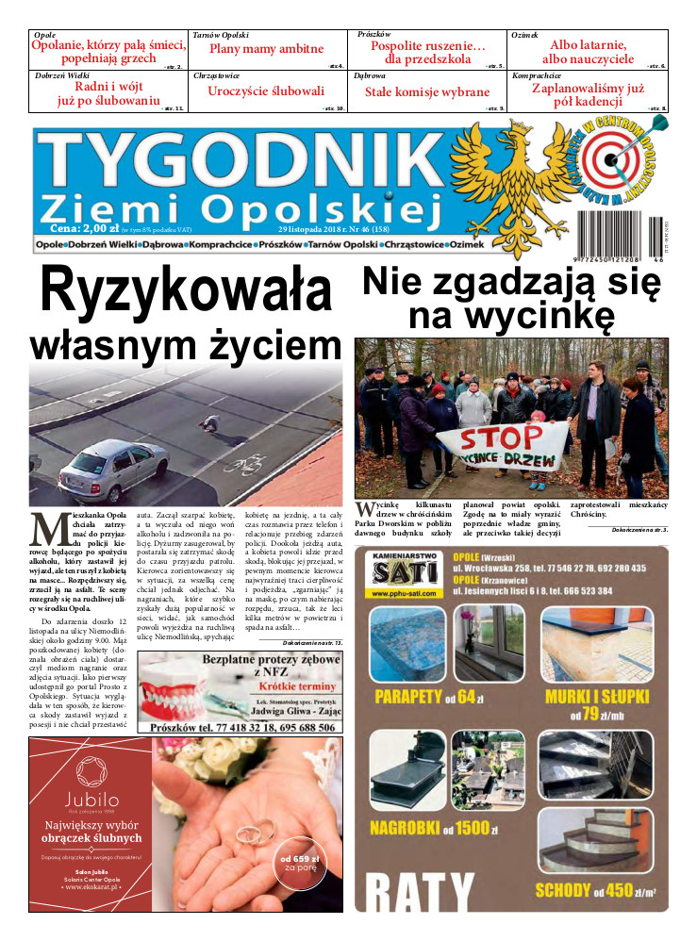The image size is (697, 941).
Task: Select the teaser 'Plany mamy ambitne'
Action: (266, 49)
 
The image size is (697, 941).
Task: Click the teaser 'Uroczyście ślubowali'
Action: (266, 91)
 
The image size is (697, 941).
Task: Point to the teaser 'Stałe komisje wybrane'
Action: (427, 92)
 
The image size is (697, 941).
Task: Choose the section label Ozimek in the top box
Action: (525, 35)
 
